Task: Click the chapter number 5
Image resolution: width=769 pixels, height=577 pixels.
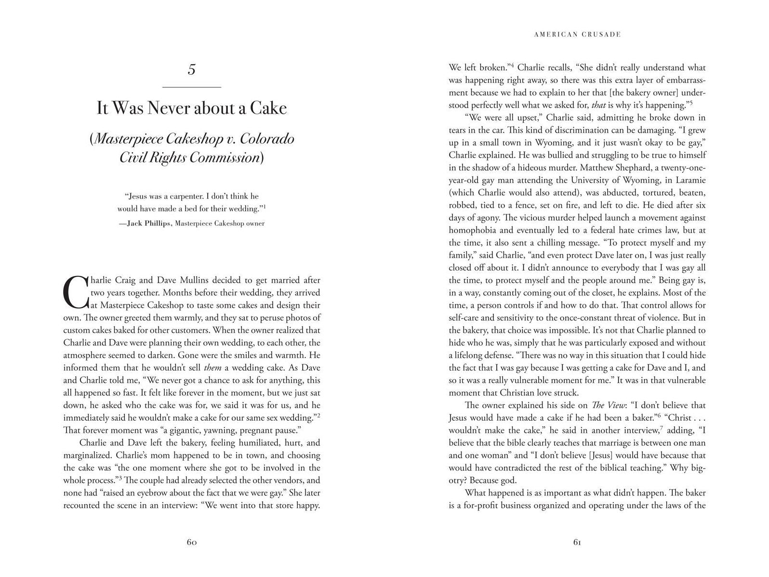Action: click(192, 70)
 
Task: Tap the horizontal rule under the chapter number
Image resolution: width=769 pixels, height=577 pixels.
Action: click(192, 87)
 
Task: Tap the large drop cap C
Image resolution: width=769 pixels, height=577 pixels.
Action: click(75, 292)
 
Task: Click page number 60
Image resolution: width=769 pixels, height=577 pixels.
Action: click(192, 542)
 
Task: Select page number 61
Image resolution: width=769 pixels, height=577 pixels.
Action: click(577, 542)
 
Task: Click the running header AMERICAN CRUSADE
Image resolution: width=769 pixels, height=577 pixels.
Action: click(577, 34)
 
